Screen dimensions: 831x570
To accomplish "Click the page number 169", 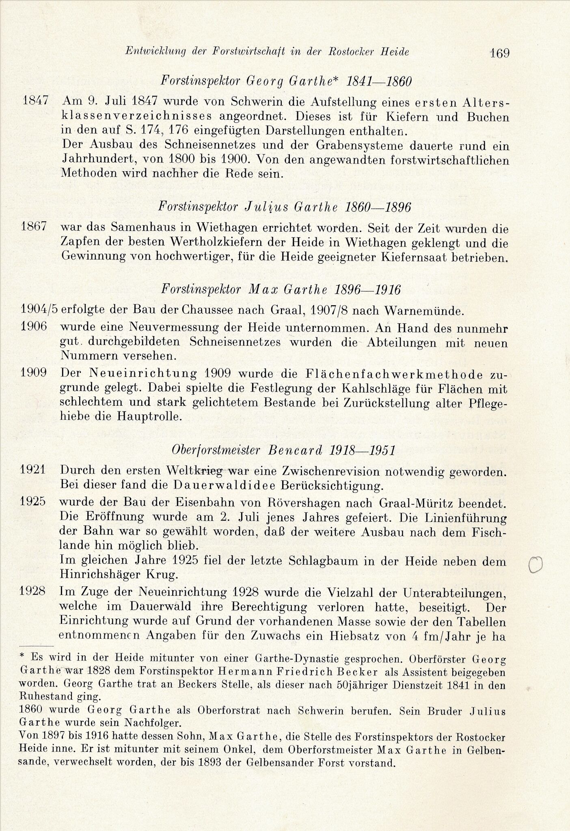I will coord(499,53).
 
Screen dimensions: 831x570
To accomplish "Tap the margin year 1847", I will coord(35,100).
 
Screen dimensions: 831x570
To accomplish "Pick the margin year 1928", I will coord(32,591).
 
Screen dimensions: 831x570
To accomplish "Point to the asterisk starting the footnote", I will coord(22,656).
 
